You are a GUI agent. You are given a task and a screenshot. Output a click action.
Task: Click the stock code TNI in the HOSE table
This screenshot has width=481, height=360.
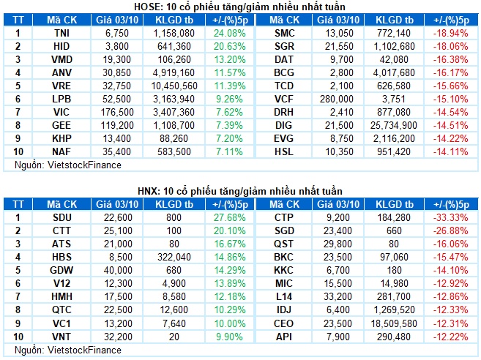pos(61,34)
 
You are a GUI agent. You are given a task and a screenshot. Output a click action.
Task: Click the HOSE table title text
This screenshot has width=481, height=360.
pos(239,7)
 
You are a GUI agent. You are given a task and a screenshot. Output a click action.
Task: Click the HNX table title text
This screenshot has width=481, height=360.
pos(239,191)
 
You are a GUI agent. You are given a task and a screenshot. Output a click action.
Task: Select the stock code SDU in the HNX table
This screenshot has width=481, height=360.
pos(61,218)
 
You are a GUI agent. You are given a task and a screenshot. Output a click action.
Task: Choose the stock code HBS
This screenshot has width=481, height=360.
pos(61,258)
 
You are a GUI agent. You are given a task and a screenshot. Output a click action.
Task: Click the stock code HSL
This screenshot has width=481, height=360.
pos(284,152)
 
